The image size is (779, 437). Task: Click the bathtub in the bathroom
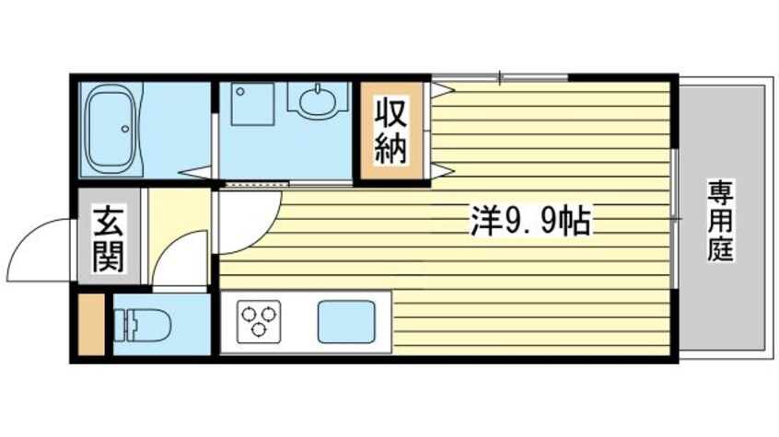click(110, 130)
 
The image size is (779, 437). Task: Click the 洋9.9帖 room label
click(529, 221)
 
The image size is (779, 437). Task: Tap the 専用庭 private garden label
click(720, 221)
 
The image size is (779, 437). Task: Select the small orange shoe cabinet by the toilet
click(90, 323)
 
